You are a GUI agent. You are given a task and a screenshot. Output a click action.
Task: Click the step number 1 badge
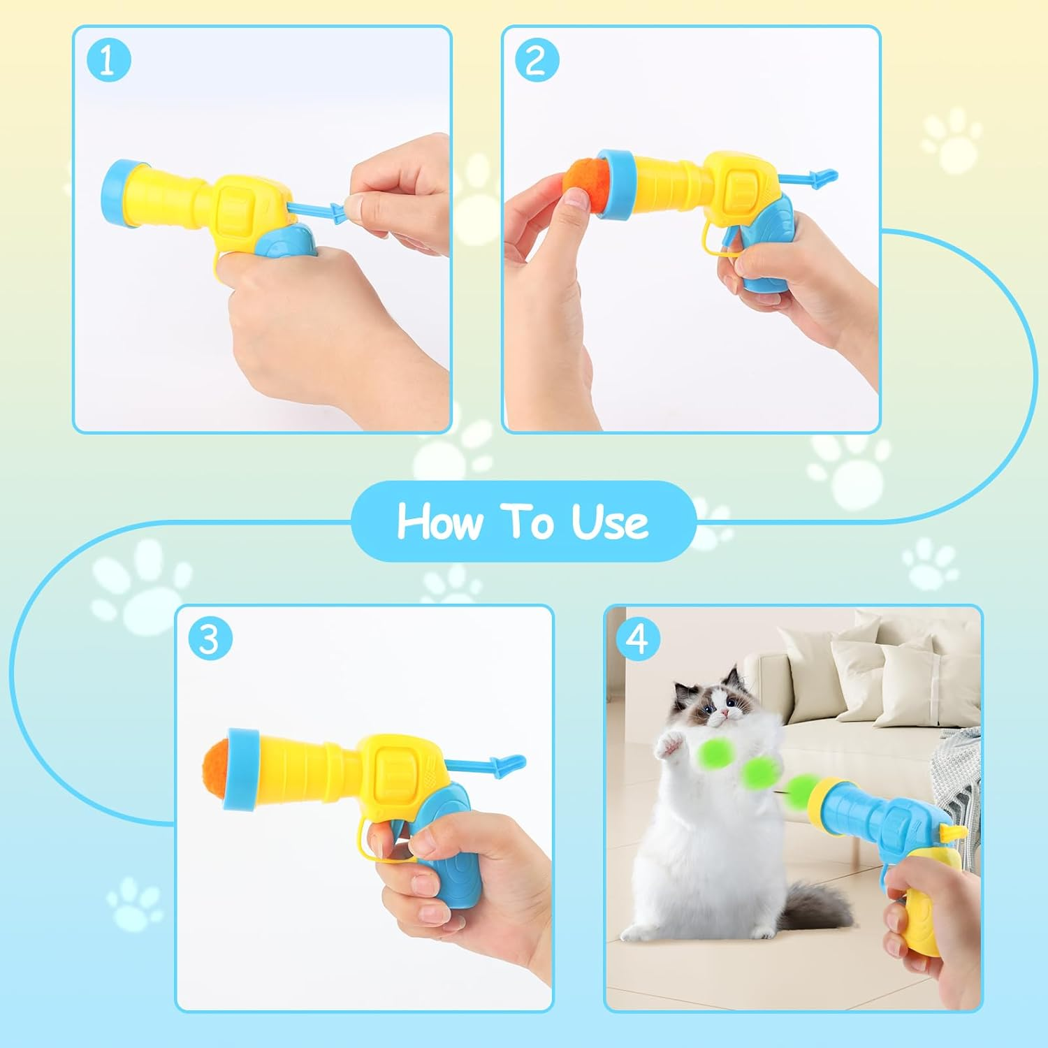pyautogui.click(x=108, y=61)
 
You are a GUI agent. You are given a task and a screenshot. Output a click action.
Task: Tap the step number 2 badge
pyautogui.click(x=537, y=61)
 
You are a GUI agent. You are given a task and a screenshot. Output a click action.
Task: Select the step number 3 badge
pyautogui.click(x=210, y=639)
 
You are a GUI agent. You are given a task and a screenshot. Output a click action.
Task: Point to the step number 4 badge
pyautogui.click(x=638, y=639)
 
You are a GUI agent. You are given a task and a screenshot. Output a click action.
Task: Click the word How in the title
pyautogui.click(x=440, y=522)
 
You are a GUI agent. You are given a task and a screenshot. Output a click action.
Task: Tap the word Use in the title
pyautogui.click(x=609, y=522)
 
